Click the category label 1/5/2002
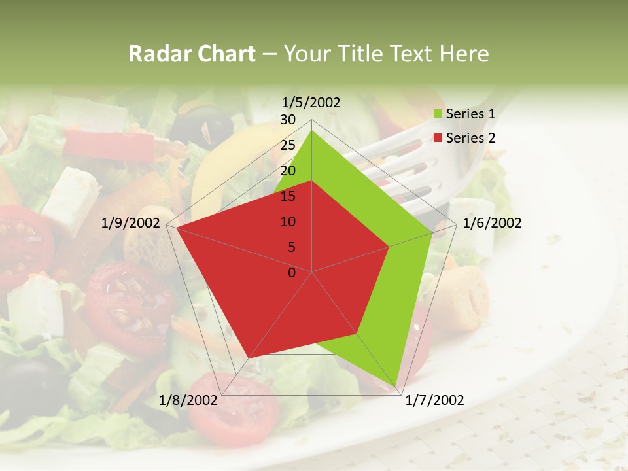pyautogui.click(x=311, y=102)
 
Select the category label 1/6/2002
pyautogui.click(x=492, y=223)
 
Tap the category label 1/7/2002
pyautogui.click(x=434, y=400)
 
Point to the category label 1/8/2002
pyautogui.click(x=188, y=400)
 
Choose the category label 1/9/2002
pyautogui.click(x=131, y=223)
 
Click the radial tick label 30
pyautogui.click(x=288, y=120)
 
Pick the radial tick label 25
pyautogui.click(x=288, y=145)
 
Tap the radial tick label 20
pyautogui.click(x=288, y=171)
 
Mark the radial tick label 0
pyautogui.click(x=292, y=273)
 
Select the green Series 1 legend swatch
pyautogui.click(x=438, y=114)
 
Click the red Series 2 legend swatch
pyautogui.click(x=438, y=138)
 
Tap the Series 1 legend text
pyautogui.click(x=470, y=114)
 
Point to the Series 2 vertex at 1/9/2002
pyautogui.click(x=177, y=228)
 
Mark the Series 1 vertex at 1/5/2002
pyautogui.click(x=311, y=130)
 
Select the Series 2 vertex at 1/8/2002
pyautogui.click(x=249, y=358)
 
